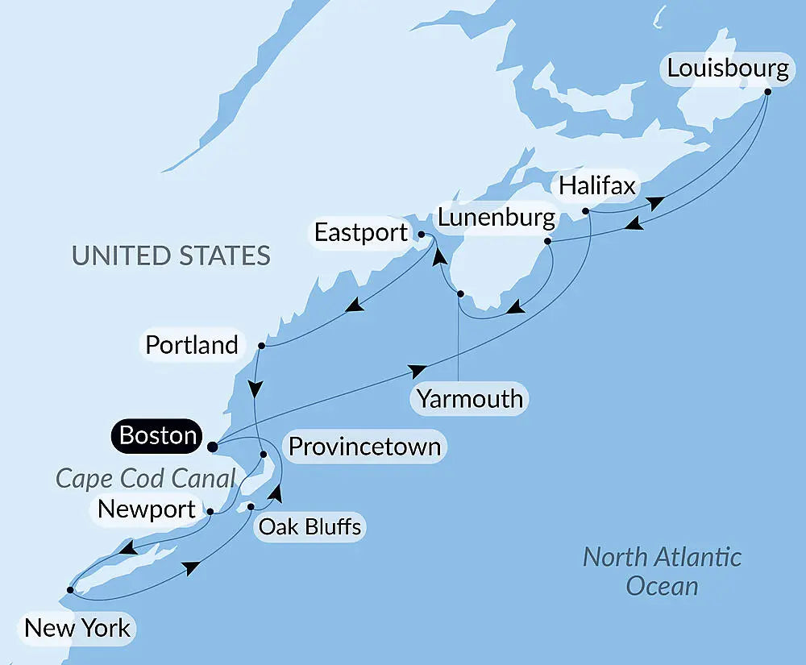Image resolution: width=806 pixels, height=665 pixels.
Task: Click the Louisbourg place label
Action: [x=727, y=69]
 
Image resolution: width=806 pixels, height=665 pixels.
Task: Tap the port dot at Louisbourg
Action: [x=767, y=91]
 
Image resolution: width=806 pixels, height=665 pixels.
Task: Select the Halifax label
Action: [x=597, y=186]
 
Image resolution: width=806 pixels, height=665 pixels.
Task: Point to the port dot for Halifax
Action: [x=585, y=211]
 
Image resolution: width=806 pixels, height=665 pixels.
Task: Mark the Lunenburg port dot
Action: [x=547, y=241]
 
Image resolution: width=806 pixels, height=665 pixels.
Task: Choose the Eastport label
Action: [x=361, y=233]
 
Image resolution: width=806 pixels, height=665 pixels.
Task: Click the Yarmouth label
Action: [x=470, y=398]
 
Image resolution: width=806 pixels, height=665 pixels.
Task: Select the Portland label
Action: [x=192, y=345]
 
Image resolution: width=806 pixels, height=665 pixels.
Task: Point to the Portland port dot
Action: [x=260, y=346]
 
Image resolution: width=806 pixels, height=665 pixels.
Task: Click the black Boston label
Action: [x=158, y=436]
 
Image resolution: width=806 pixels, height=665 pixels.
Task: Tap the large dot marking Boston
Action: [x=212, y=446]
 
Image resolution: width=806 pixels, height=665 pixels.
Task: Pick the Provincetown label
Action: [x=364, y=447]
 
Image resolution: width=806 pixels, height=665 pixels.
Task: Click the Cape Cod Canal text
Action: [x=145, y=478]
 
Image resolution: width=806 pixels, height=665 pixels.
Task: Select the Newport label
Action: [x=146, y=509]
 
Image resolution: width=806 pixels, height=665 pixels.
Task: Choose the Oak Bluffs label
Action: [x=309, y=527]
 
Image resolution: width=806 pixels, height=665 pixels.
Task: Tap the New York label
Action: [x=77, y=627]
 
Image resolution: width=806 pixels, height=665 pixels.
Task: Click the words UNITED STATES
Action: [x=171, y=256]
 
